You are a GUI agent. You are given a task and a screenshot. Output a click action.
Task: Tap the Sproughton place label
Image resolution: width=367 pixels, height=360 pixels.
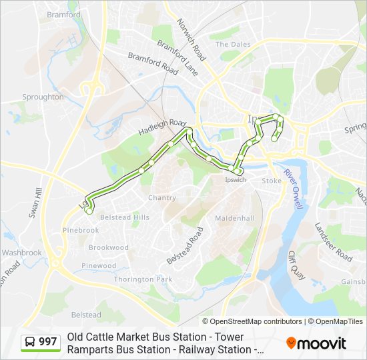tap(43, 97)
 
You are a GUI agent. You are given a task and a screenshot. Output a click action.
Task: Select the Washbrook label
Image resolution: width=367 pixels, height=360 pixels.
tap(21, 253)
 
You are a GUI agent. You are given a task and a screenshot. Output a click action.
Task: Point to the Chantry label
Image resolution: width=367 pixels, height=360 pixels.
tap(162, 198)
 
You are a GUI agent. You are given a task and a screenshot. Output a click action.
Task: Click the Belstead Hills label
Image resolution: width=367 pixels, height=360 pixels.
tap(124, 217)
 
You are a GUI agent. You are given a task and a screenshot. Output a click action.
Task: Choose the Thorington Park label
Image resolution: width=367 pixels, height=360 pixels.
tap(143, 279)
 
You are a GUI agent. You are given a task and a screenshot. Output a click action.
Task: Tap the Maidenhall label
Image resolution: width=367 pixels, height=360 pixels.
tap(235, 218)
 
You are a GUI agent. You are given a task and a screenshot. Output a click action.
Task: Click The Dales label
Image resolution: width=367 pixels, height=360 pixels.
tap(230, 45)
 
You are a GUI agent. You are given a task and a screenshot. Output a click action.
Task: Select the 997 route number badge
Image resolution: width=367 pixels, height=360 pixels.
tap(48, 342)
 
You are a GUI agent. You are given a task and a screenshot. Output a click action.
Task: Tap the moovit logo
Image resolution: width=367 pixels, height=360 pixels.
tap(316, 343)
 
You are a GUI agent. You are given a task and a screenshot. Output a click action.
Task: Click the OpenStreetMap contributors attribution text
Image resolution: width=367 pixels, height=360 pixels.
tap(256, 321)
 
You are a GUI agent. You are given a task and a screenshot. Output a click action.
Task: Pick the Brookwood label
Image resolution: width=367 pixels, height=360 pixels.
tap(109, 247)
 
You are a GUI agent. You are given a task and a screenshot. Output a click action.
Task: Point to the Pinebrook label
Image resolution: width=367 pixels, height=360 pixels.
tap(80, 230)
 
